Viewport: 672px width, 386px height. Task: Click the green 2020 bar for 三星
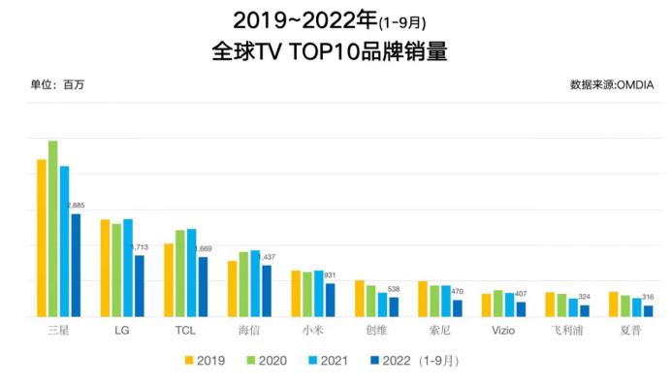[53, 229]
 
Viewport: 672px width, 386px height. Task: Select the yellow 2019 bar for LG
[105, 268]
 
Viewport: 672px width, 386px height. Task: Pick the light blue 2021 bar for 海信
[255, 283]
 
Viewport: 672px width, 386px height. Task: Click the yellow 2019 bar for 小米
[296, 293]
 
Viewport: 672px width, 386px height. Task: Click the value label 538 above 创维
[394, 289]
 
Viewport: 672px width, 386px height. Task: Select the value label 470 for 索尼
[457, 292]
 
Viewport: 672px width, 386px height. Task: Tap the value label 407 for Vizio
[521, 294]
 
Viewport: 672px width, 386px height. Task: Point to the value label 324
[584, 297]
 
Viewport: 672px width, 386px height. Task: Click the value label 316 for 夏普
[648, 298]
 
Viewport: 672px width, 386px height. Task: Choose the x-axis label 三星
[59, 331]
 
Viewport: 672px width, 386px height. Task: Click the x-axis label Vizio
[502, 331]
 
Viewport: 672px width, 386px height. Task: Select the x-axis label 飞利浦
[566, 331]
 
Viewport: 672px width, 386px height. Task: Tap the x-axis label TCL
[185, 331]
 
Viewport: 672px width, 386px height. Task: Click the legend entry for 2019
[205, 361]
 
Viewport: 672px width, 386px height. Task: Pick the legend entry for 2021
[325, 361]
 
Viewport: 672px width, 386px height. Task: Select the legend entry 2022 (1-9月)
[413, 361]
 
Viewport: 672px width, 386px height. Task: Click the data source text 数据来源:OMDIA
[612, 85]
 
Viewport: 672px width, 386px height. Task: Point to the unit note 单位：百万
[57, 85]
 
